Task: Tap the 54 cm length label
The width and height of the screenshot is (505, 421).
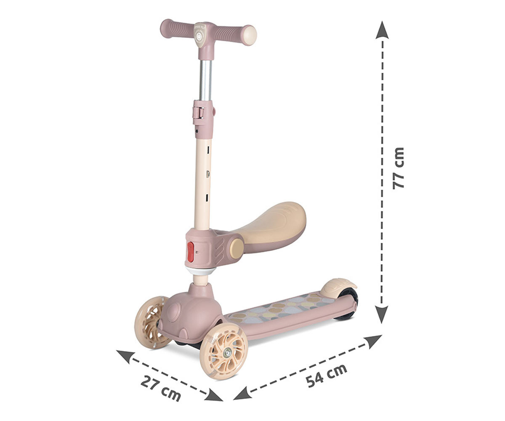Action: click(327, 376)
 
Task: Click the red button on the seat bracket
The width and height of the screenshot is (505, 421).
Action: click(191, 252)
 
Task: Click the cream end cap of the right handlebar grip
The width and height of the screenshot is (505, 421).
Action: click(250, 35)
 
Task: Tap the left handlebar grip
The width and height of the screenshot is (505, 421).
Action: click(177, 29)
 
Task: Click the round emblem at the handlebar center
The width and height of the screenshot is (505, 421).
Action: click(199, 37)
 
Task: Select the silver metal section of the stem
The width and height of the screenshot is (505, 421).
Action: click(205, 80)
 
